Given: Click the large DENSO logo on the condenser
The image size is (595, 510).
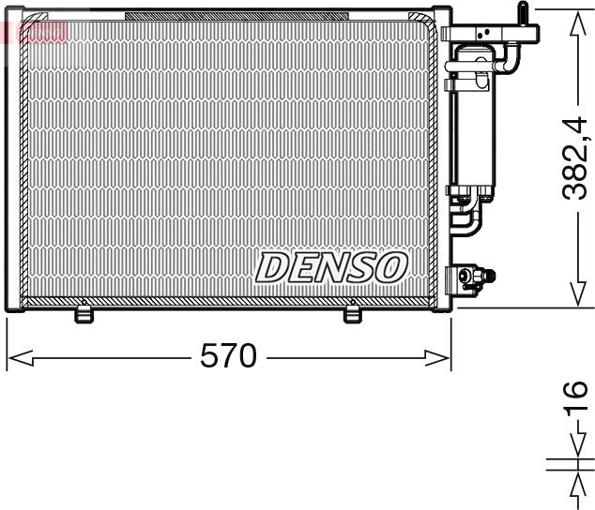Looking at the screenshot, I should tap(330, 267).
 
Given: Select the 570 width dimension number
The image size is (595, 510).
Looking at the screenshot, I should tap(228, 356).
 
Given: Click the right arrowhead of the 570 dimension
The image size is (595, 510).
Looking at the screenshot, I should tap(438, 357).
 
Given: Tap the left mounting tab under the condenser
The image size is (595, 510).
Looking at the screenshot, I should tap(84, 315).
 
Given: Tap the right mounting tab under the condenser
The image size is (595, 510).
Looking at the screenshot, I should tap(353, 315).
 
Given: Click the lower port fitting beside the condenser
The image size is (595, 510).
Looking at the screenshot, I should tap(471, 277).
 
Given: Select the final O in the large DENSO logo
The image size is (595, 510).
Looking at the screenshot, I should tap(389, 267).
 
